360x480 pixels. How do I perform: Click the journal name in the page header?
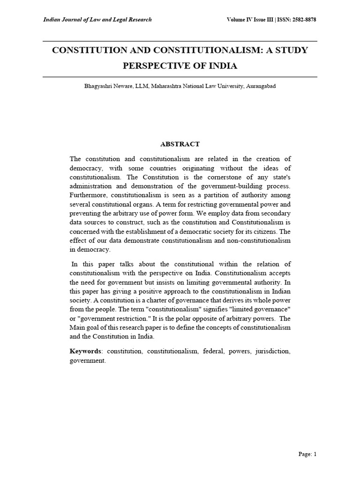97,20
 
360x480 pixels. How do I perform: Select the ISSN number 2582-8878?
304,20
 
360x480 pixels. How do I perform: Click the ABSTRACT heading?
180,144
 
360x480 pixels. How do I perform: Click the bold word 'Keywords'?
85,351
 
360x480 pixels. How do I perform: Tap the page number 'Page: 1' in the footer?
307,454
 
